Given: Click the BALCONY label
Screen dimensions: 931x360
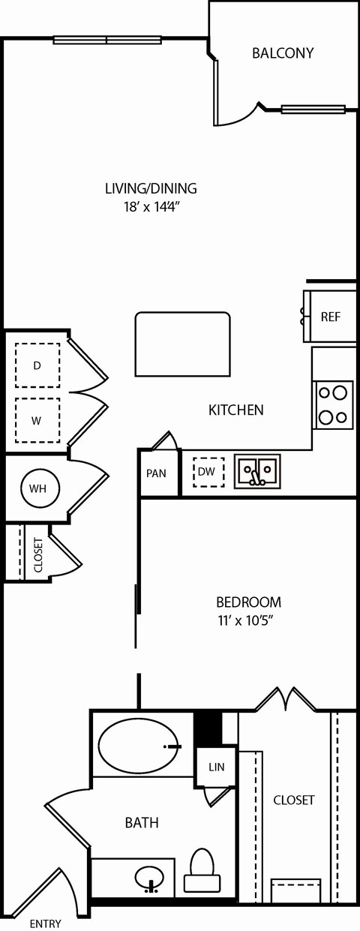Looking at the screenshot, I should (x=282, y=53).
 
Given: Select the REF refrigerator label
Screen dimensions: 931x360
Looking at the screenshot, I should (x=330, y=317).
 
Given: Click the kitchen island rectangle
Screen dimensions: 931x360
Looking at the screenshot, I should (x=182, y=344).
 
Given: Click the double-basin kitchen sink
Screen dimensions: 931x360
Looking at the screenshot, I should (x=257, y=472).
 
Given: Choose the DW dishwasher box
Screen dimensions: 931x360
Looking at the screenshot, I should (x=205, y=473).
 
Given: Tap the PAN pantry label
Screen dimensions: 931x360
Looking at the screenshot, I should (x=156, y=473).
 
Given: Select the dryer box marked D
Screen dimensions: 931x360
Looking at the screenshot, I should (x=37, y=365).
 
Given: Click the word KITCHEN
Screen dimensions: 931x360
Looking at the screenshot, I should (x=235, y=410).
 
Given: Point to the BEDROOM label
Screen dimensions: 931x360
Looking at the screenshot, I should (x=248, y=602).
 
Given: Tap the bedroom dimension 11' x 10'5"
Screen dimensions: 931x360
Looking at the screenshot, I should (x=248, y=620).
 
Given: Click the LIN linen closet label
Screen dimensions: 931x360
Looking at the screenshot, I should (x=216, y=767).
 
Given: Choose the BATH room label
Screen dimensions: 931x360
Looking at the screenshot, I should (x=142, y=823).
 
